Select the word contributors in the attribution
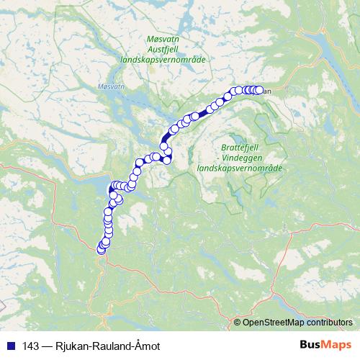(x=330, y=322)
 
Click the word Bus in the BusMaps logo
(x=312, y=345)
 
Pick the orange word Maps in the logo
(x=337, y=345)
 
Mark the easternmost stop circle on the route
(x=258, y=90)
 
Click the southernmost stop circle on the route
(x=101, y=249)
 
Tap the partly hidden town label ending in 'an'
(x=266, y=91)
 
